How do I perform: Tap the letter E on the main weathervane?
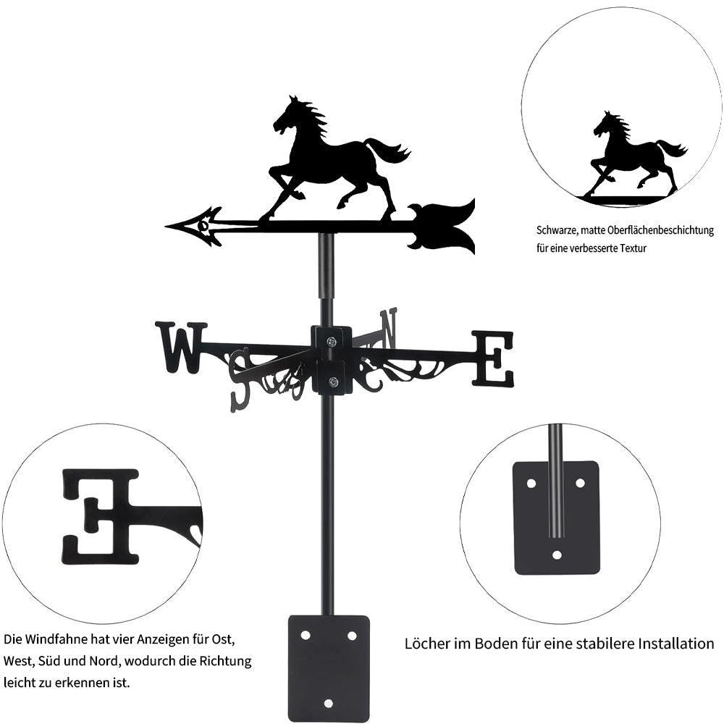point(492,358)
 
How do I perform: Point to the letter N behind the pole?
point(388,328)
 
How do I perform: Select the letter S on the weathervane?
point(243,379)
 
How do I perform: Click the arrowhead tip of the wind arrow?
point(166,227)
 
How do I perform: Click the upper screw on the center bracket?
point(332,342)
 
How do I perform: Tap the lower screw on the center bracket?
point(332,382)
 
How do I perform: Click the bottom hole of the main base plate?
point(328,704)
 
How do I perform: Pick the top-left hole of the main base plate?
point(305,636)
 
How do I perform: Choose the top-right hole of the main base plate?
point(352,636)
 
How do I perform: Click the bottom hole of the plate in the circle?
point(557,554)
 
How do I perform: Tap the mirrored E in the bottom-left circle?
point(100,516)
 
